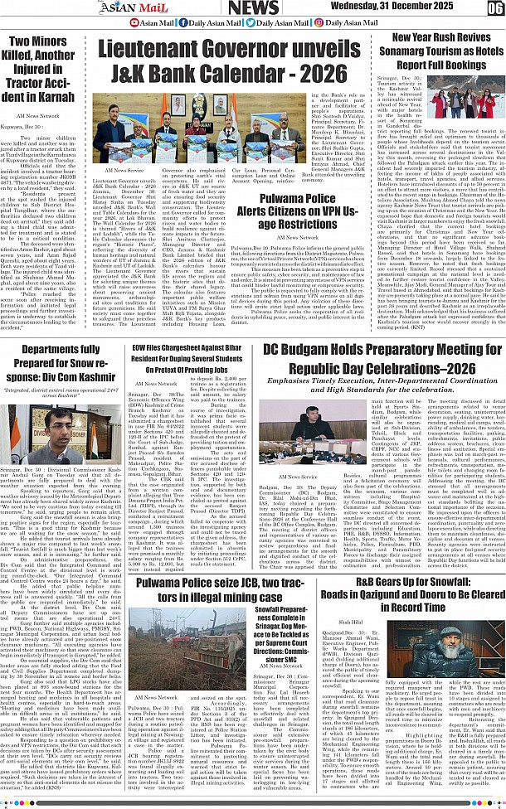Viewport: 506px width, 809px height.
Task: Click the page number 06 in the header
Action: click(495, 8)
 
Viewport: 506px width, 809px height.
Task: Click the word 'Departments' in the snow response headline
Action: click(55, 349)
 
